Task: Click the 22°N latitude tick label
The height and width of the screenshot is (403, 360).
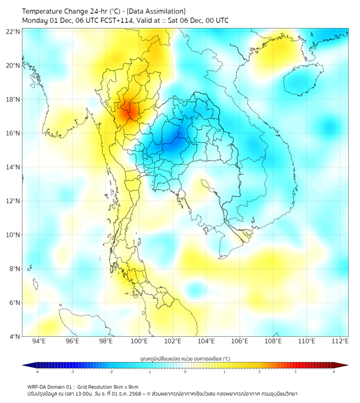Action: coord(13,32)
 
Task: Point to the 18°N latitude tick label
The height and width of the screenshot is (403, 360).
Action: coord(13,100)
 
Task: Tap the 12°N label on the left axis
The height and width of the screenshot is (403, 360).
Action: coord(13,201)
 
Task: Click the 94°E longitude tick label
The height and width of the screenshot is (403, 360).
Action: coord(39,342)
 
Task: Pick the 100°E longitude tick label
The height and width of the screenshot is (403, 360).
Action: coord(140,342)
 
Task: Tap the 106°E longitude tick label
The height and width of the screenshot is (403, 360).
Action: coord(240,342)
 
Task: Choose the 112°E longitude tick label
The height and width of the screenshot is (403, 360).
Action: coord(340,342)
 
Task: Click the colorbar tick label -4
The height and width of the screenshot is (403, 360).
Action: coord(37,372)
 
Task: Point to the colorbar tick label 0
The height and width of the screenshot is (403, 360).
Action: coord(185,372)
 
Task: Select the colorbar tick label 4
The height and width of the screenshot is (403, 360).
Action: coord(334,372)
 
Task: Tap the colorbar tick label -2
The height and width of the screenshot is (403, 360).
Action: coord(111,372)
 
